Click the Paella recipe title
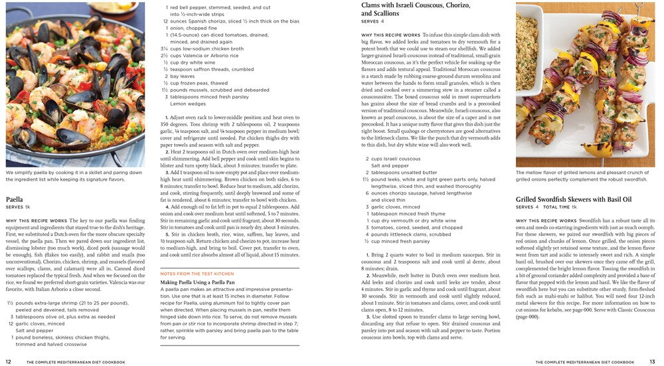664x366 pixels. [x=15, y=199]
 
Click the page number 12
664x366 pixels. [x=8, y=361]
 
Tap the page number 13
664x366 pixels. [x=653, y=361]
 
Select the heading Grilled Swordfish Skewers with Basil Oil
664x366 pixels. [x=573, y=199]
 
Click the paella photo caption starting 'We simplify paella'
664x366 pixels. [x=66, y=175]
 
